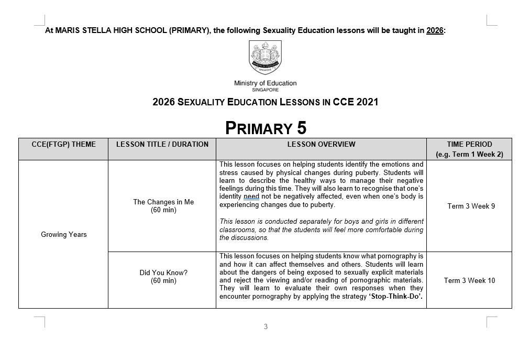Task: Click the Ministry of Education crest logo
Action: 265,58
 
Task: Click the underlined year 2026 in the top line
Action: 435,30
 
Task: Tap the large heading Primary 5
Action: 266,128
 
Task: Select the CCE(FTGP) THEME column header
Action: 63,144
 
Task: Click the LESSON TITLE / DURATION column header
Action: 162,144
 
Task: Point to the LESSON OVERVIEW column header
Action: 321,144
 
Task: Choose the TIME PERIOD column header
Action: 469,144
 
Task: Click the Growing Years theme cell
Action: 64,234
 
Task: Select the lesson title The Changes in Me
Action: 163,202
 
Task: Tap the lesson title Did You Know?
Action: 163,272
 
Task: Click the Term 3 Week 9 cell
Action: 471,206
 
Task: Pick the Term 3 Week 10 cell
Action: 469,280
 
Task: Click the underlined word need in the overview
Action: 251,197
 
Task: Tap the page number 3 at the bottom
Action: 266,327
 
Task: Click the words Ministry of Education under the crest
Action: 265,83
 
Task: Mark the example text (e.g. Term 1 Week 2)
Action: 469,155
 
